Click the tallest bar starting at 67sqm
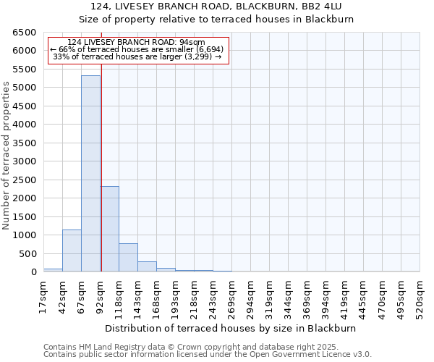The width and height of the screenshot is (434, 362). pos(90,174)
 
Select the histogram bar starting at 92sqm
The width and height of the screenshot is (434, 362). pos(110,229)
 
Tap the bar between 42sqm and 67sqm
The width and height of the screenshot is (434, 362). pos(72,251)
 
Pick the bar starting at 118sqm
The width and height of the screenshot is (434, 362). pos(128,258)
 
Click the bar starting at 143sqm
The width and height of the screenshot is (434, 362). pos(147,266)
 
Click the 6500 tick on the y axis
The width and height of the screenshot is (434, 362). pos(24,33)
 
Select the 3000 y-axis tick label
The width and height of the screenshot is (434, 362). pos(24,161)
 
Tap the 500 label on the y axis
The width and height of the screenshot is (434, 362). pos(27,253)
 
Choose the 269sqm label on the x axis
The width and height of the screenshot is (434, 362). pos(231,295)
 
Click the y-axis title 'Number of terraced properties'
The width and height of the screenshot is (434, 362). pos(7,156)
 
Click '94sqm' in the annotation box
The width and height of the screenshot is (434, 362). pos(192,42)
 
